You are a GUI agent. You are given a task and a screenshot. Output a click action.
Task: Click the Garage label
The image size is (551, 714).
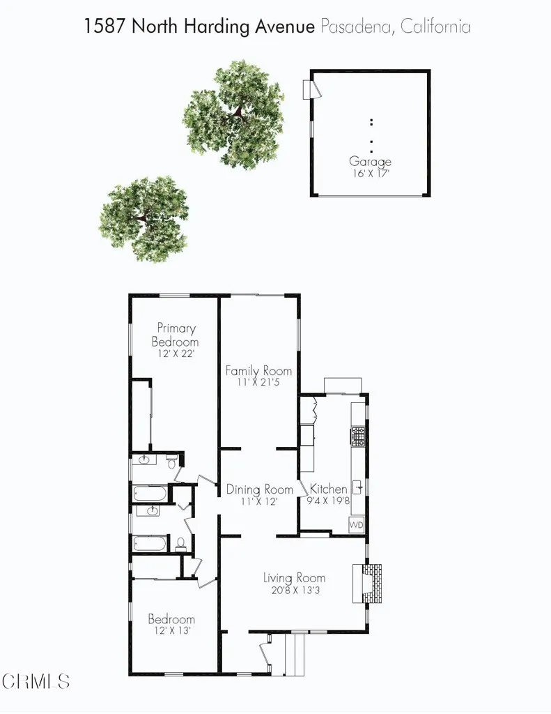tap(370, 162)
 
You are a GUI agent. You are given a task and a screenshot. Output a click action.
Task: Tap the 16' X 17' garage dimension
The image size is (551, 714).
tap(370, 173)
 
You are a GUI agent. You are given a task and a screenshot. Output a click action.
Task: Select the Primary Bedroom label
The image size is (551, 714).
tap(176, 335)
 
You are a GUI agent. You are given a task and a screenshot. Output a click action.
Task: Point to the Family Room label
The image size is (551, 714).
tap(258, 371)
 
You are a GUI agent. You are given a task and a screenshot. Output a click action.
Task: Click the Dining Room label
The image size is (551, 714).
tap(259, 489)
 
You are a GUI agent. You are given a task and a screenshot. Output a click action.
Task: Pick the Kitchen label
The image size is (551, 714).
tap(328, 489)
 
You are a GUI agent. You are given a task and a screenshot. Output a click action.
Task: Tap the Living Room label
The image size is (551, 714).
tap(294, 577)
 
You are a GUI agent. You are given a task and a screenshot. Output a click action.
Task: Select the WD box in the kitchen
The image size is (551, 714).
tap(356, 524)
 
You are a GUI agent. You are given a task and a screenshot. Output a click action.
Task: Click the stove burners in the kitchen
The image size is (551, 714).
tap(357, 436)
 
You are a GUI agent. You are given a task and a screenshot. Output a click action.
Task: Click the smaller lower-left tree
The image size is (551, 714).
tap(143, 218)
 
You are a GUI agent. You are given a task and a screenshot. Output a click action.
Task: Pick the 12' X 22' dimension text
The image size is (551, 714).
tap(176, 354)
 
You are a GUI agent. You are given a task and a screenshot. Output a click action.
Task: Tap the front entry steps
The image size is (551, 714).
tap(295, 655)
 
